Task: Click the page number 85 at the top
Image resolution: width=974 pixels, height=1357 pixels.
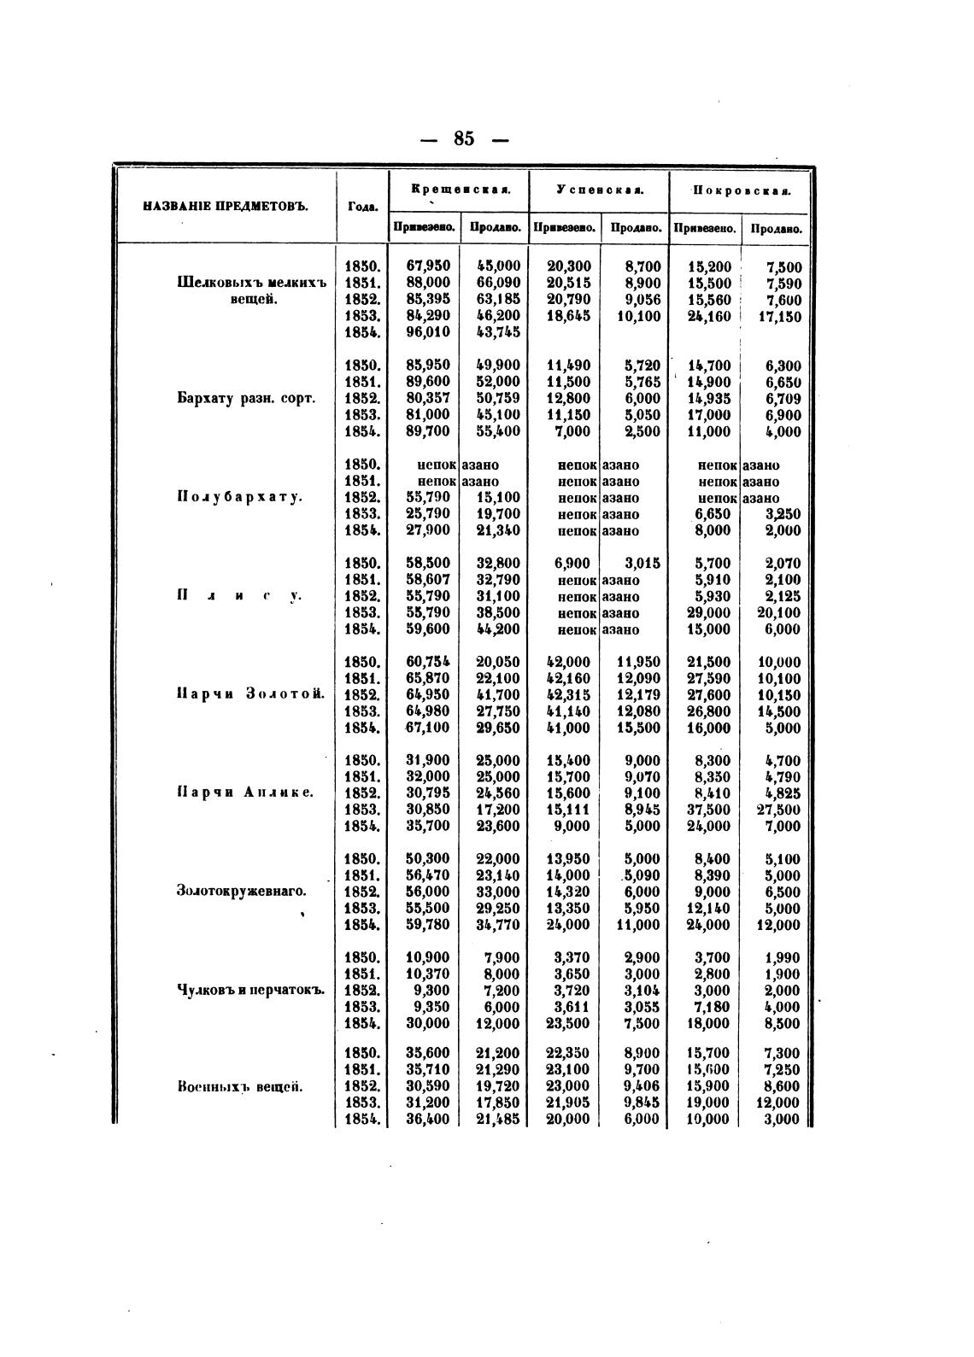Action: (x=464, y=138)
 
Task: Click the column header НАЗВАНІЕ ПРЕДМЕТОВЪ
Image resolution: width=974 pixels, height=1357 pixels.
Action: (x=225, y=206)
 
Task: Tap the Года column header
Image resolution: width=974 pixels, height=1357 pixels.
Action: (x=361, y=207)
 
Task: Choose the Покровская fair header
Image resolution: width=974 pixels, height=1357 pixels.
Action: (x=740, y=189)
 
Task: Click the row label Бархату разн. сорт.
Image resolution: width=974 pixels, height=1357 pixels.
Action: (x=246, y=398)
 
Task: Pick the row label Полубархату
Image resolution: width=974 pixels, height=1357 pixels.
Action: (x=239, y=497)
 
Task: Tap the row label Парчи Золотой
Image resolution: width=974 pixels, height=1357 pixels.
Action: (x=251, y=694)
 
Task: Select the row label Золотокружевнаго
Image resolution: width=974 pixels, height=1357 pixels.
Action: (x=241, y=891)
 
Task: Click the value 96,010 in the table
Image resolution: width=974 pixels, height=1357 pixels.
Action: (x=428, y=332)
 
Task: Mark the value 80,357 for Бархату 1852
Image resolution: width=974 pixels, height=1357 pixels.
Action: (x=428, y=398)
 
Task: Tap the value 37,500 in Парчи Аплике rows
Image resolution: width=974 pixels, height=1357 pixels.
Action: (x=708, y=810)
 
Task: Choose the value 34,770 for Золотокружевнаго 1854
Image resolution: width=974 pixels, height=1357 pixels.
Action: (x=498, y=924)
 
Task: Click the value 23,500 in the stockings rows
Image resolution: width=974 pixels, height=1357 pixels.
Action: (x=568, y=1023)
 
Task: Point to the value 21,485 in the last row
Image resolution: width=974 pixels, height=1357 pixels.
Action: (x=498, y=1120)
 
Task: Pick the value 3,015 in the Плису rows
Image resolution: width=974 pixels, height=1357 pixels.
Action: (x=638, y=564)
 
